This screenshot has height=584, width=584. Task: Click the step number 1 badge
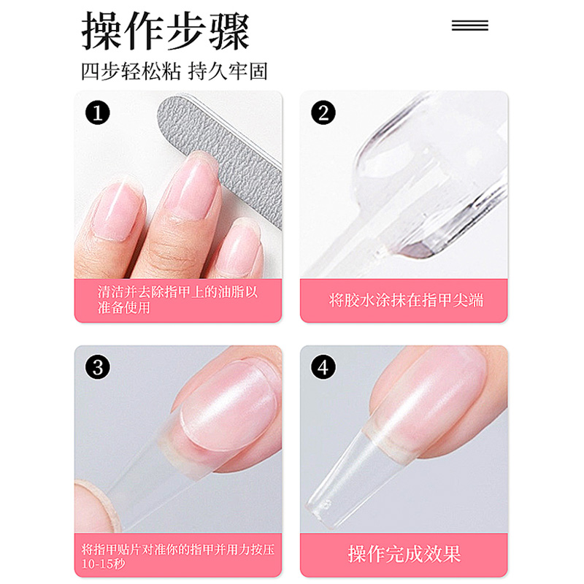[x=98, y=112]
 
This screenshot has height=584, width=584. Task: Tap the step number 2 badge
[x=323, y=112]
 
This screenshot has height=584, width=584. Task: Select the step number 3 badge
[x=98, y=367]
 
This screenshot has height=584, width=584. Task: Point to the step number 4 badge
[x=323, y=367]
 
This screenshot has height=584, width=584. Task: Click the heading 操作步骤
[x=166, y=31]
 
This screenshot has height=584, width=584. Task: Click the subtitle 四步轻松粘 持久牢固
[x=174, y=71]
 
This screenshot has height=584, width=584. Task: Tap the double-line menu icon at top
[x=469, y=26]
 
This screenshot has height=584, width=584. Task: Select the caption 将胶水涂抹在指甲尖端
[x=406, y=300]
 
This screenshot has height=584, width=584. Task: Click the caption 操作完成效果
[x=404, y=554]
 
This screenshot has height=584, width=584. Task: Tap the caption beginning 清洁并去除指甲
[x=177, y=299]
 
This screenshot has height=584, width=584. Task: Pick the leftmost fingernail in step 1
[x=116, y=210]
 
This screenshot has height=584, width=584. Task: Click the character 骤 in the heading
[x=229, y=31]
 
